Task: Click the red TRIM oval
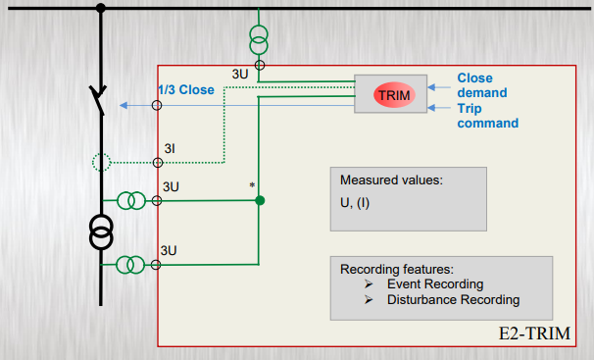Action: (394, 95)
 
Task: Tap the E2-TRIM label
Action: (534, 334)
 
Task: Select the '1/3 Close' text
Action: (186, 90)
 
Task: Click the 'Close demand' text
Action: (482, 85)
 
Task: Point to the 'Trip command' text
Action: (487, 116)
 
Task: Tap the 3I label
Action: (170, 148)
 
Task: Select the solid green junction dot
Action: (260, 200)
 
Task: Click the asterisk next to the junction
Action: (252, 185)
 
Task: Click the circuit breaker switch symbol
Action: (98, 99)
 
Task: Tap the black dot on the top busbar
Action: (100, 8)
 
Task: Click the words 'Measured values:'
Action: (391, 180)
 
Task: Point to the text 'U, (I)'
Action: (355, 203)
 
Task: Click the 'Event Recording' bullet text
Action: (435, 283)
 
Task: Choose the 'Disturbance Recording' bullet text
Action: (454, 300)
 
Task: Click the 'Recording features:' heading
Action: (397, 269)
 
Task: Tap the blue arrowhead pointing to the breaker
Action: (124, 105)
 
